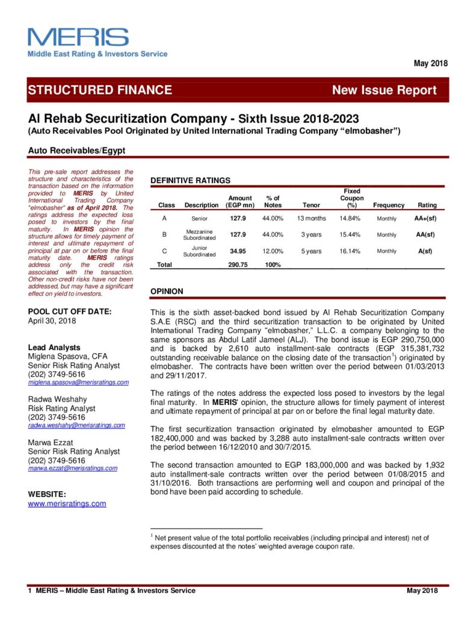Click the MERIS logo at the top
[x=78, y=38]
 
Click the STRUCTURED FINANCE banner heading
[x=100, y=90]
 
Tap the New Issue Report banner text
[x=384, y=90]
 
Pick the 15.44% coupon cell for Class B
[x=349, y=235]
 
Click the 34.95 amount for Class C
[x=235, y=251]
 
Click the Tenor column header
[x=311, y=205]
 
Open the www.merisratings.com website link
[x=67, y=504]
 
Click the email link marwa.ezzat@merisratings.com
[x=73, y=468]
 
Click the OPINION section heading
[x=167, y=291]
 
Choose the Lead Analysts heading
[x=54, y=348]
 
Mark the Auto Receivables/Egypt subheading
[x=76, y=150]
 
